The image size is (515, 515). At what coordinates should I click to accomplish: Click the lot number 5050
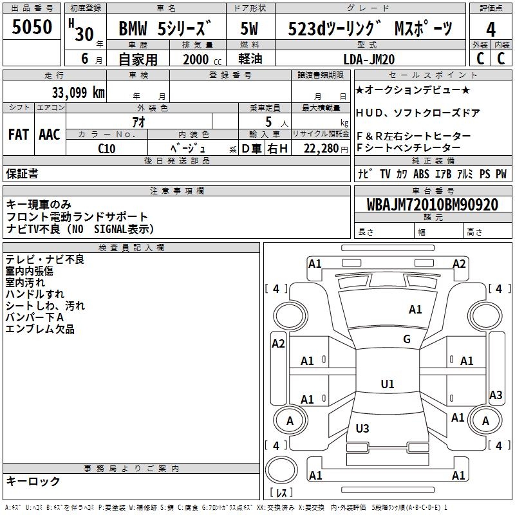coord(32,27)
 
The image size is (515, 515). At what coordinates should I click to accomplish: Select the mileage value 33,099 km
coord(78,92)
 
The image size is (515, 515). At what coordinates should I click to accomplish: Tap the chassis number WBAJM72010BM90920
coord(433,205)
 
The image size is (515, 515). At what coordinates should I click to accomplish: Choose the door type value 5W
coord(251,29)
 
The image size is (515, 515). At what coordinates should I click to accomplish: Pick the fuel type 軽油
coord(251,59)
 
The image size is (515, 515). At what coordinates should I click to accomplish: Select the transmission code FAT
coord(18,135)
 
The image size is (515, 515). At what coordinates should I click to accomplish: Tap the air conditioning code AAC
coord(50,135)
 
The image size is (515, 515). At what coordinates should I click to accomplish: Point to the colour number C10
coord(107,148)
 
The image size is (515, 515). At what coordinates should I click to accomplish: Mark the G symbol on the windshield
coord(407,339)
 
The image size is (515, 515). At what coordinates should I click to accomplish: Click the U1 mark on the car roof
coord(388,384)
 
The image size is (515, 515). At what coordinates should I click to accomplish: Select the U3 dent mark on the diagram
coord(362,429)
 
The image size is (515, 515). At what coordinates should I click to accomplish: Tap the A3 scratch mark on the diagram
coord(496,395)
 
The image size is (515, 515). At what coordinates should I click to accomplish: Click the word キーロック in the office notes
coord(33,482)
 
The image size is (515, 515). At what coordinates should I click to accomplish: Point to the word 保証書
coord(22,174)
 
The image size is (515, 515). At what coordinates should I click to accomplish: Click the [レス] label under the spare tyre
coord(281,494)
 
